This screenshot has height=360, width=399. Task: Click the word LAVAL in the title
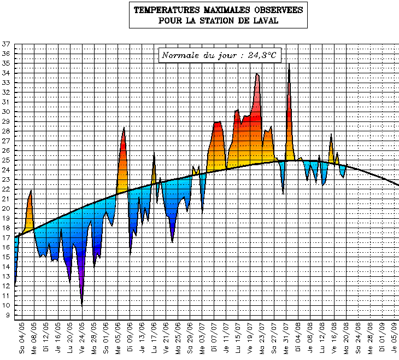point(265,21)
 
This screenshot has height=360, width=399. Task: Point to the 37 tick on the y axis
point(6,44)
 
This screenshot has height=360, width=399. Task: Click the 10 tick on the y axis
point(6,305)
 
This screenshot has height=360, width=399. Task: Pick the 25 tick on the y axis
point(6,160)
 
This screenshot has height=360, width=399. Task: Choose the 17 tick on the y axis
point(6,237)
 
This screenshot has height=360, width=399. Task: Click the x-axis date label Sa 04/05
point(22,339)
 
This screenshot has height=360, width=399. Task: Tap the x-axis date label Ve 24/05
point(82,339)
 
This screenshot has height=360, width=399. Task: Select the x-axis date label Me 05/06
point(118,339)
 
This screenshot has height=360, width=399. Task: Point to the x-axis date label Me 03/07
point(203,339)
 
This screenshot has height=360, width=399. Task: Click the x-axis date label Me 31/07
point(287,339)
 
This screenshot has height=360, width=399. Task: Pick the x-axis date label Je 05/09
point(396,339)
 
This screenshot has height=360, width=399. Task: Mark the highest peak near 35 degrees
point(289,65)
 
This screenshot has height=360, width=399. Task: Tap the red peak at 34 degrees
point(257,74)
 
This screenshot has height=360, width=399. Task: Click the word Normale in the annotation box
point(181,55)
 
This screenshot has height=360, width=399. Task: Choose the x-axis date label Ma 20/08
point(348,339)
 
